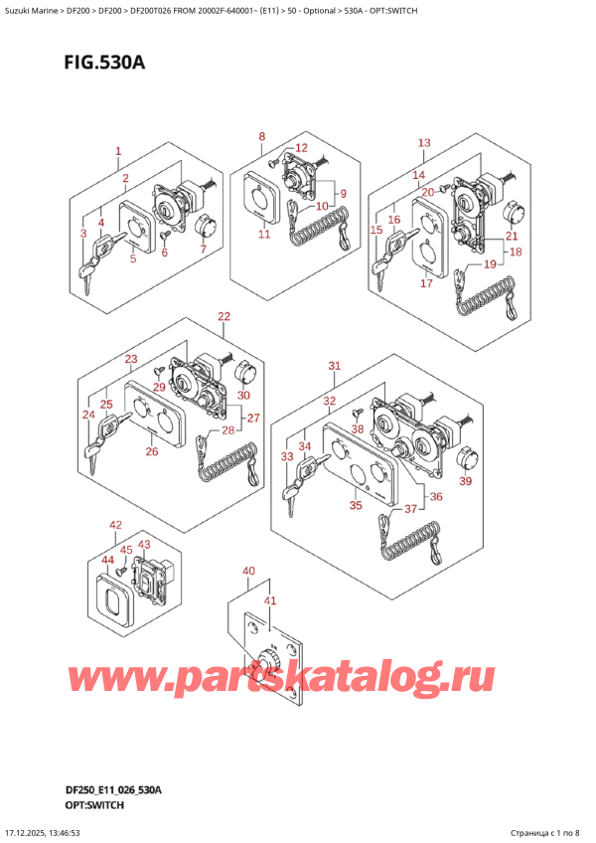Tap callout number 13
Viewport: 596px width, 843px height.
tap(424, 143)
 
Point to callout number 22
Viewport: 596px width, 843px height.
tap(223, 317)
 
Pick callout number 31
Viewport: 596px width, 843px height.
tap(335, 366)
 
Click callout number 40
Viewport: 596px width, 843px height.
tap(247, 571)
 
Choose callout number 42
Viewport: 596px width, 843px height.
tap(116, 524)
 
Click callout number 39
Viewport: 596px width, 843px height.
tap(466, 482)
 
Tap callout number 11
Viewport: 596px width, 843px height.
tap(263, 235)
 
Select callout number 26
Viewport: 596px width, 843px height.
tap(151, 452)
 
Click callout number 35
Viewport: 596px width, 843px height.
tap(356, 506)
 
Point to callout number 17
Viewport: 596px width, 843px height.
tap(425, 283)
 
